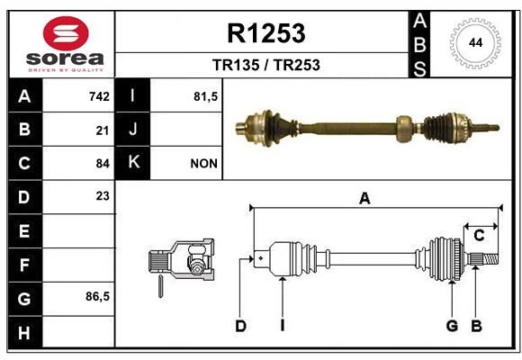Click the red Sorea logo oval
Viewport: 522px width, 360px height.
(x=66, y=33)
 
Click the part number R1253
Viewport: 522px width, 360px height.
(x=266, y=33)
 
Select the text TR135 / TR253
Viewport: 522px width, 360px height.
(x=266, y=65)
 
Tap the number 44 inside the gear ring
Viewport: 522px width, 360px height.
(x=475, y=43)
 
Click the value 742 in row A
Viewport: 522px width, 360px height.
(x=99, y=96)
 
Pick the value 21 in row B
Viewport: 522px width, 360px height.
(x=103, y=130)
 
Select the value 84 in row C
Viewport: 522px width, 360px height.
(x=103, y=164)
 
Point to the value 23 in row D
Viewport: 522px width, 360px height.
(x=103, y=196)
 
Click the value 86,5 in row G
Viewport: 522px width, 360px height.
(x=97, y=296)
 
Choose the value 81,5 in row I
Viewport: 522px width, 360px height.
(x=205, y=96)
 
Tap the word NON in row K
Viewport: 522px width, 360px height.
(x=203, y=164)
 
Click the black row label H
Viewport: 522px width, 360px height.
(x=25, y=332)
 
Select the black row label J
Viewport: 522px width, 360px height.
(x=132, y=130)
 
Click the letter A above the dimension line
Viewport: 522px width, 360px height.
(x=364, y=199)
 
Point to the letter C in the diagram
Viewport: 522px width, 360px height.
(x=479, y=236)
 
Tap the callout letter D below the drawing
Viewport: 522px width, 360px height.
(x=240, y=326)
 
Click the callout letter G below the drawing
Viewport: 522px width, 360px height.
(x=452, y=326)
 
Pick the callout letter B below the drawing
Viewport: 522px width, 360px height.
(x=476, y=326)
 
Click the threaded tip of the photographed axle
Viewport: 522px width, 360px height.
(x=489, y=128)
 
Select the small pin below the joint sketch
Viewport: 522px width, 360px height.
(x=160, y=286)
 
